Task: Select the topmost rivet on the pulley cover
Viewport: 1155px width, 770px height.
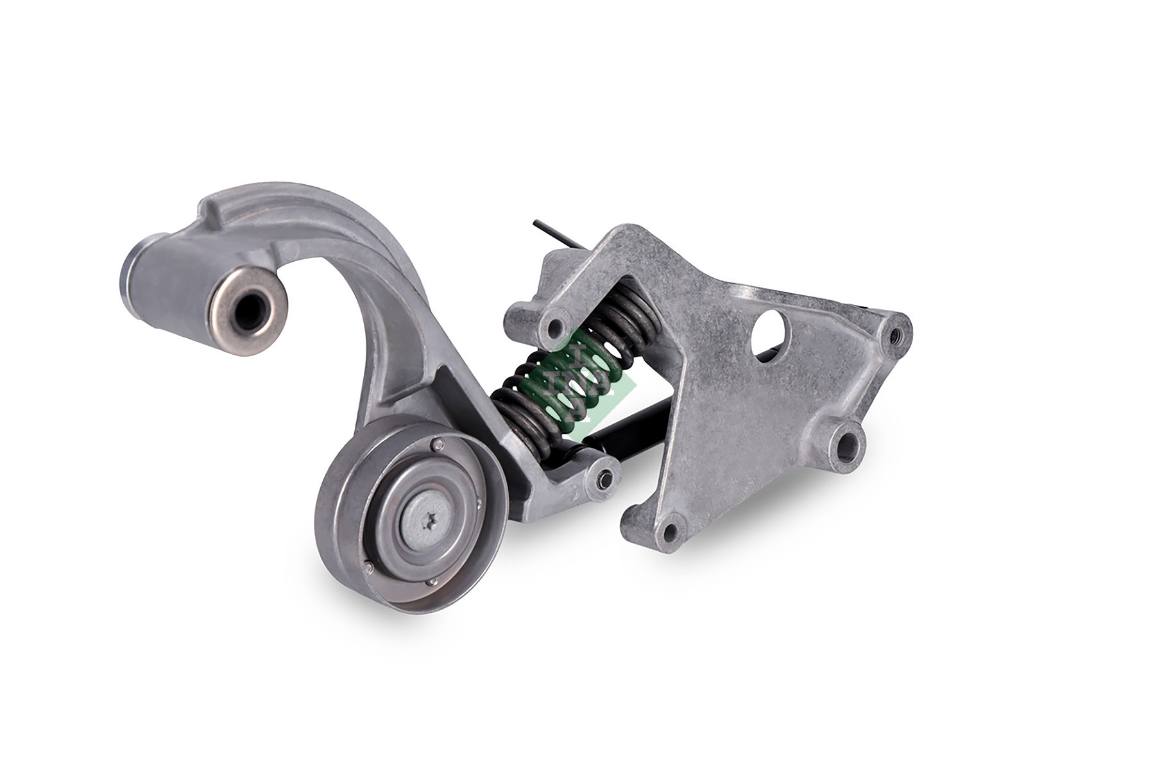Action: pos(436,443)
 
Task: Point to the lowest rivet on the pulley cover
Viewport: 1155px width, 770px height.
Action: pos(431,582)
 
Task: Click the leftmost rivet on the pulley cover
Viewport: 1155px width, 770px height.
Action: pos(368,567)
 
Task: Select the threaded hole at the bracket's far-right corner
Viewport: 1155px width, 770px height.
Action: pos(894,334)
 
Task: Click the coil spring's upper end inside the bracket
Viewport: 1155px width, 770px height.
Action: pos(632,308)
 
